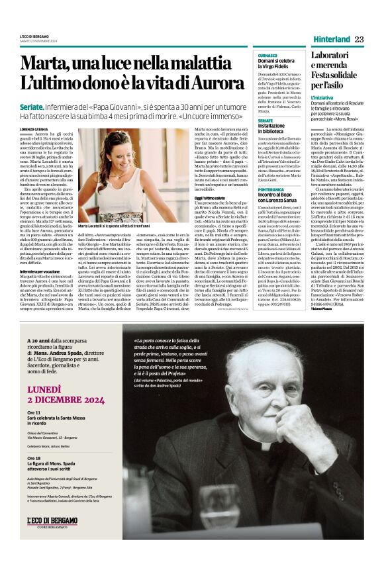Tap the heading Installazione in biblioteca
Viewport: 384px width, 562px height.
tap(275, 127)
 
